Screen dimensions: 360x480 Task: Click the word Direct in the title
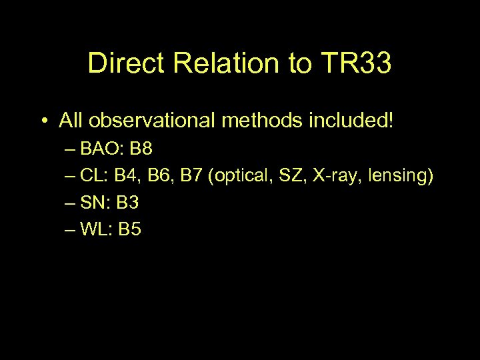(x=126, y=64)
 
